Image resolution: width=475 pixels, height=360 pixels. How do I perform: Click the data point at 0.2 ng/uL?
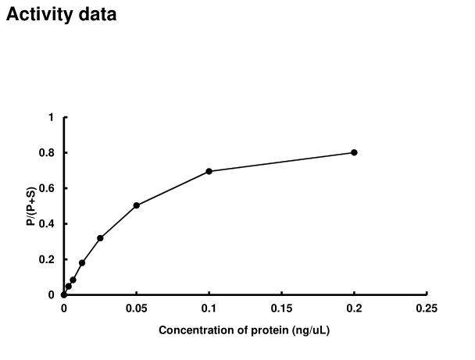click(x=354, y=152)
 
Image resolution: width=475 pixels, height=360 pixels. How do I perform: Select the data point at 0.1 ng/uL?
click(x=209, y=171)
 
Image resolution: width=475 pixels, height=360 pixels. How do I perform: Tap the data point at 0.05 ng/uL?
click(x=137, y=205)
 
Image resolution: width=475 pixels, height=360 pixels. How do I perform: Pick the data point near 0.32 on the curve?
click(x=100, y=238)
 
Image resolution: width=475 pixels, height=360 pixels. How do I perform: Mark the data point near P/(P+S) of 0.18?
click(x=82, y=262)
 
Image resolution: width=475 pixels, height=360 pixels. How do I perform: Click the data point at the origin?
click(x=64, y=294)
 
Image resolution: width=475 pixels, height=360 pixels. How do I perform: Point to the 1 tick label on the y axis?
click(x=51, y=117)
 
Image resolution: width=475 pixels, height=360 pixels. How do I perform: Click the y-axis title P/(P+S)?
click(x=30, y=206)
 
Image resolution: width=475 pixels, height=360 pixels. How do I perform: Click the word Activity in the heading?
click(x=38, y=15)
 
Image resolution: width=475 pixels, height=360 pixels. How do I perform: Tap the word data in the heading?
click(x=97, y=15)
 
